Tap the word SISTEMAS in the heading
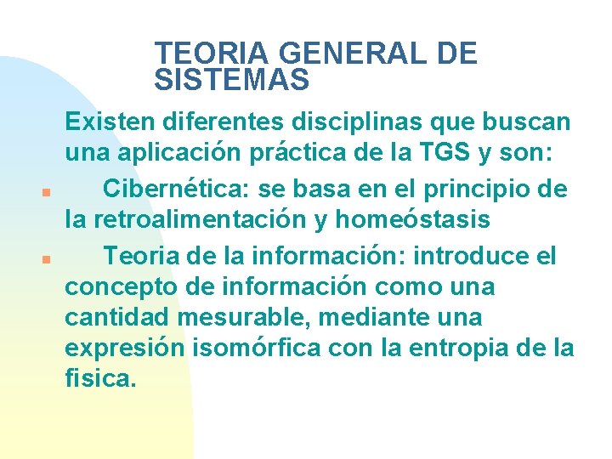tap(232, 81)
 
